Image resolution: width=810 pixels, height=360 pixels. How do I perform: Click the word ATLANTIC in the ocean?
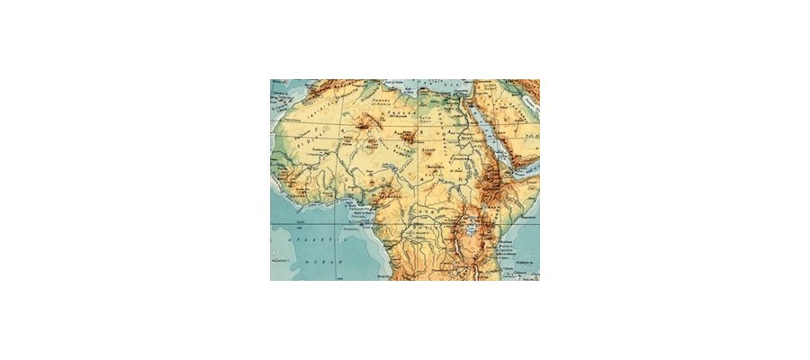point(303,242)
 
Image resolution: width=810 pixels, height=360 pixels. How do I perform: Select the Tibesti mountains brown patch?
point(410,138)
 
